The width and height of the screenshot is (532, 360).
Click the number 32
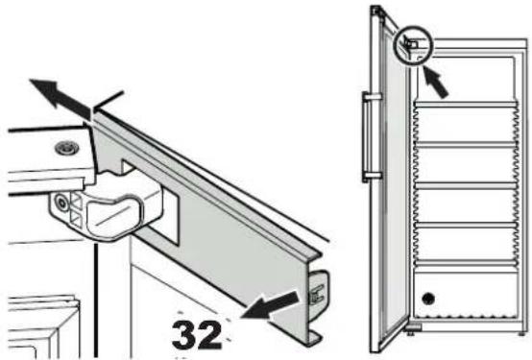(197, 335)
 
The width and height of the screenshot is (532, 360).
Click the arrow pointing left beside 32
(271, 306)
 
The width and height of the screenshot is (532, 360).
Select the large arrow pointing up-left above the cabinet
(60, 99)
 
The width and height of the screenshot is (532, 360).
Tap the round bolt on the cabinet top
(67, 148)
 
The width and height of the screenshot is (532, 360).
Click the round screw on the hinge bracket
(61, 203)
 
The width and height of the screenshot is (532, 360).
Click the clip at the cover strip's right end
(318, 292)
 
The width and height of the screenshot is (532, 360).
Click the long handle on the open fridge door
(367, 136)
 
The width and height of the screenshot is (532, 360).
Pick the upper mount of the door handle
(373, 97)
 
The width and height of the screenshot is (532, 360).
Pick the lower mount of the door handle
(373, 176)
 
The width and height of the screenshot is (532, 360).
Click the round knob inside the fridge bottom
(428, 299)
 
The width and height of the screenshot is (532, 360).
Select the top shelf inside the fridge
(465, 105)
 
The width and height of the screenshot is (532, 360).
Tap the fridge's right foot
(521, 334)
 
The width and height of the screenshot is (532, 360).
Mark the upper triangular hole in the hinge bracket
(76, 202)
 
